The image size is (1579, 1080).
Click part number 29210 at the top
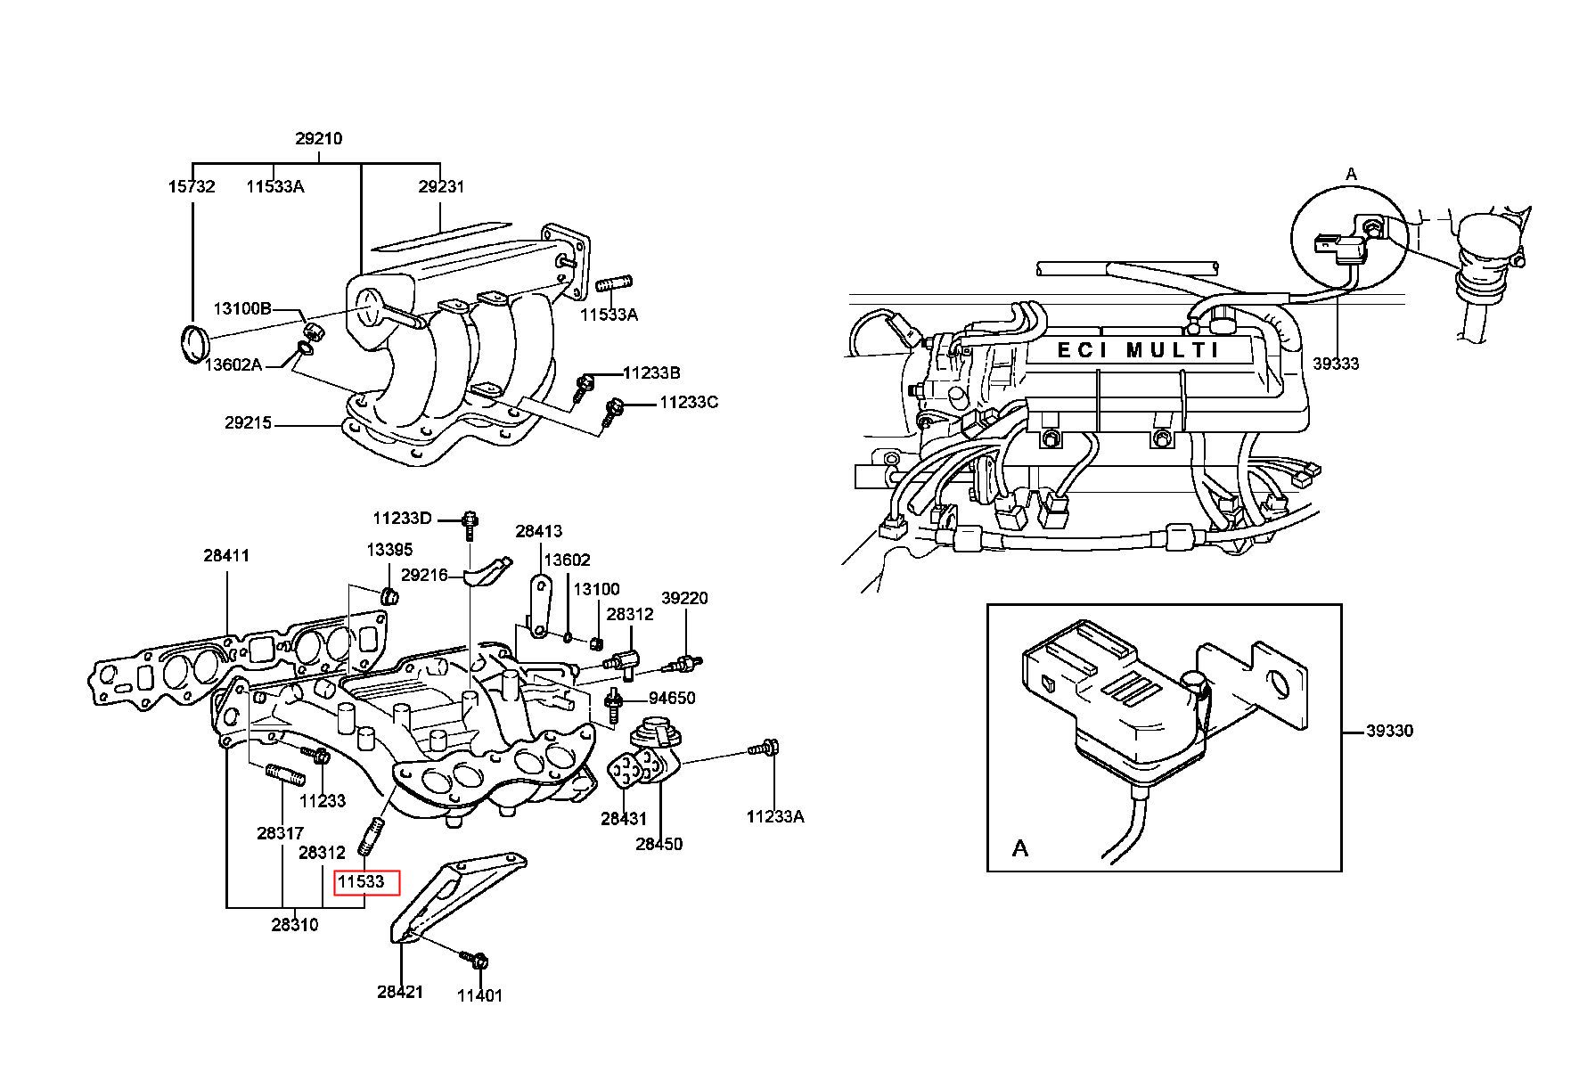click(319, 139)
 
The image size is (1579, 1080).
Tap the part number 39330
click(1389, 732)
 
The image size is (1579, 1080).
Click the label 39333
click(1336, 364)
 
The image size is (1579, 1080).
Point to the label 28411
click(226, 555)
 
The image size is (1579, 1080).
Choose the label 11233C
click(688, 403)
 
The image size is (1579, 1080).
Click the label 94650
click(672, 698)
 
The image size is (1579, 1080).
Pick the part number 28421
click(400, 991)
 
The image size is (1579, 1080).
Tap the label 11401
click(479, 995)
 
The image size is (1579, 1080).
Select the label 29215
click(248, 423)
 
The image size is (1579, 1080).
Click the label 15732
click(192, 187)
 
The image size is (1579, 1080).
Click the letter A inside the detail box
click(1020, 848)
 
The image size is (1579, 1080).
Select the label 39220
click(684, 598)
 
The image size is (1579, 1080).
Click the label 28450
click(659, 843)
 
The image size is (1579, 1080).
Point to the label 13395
click(389, 550)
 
